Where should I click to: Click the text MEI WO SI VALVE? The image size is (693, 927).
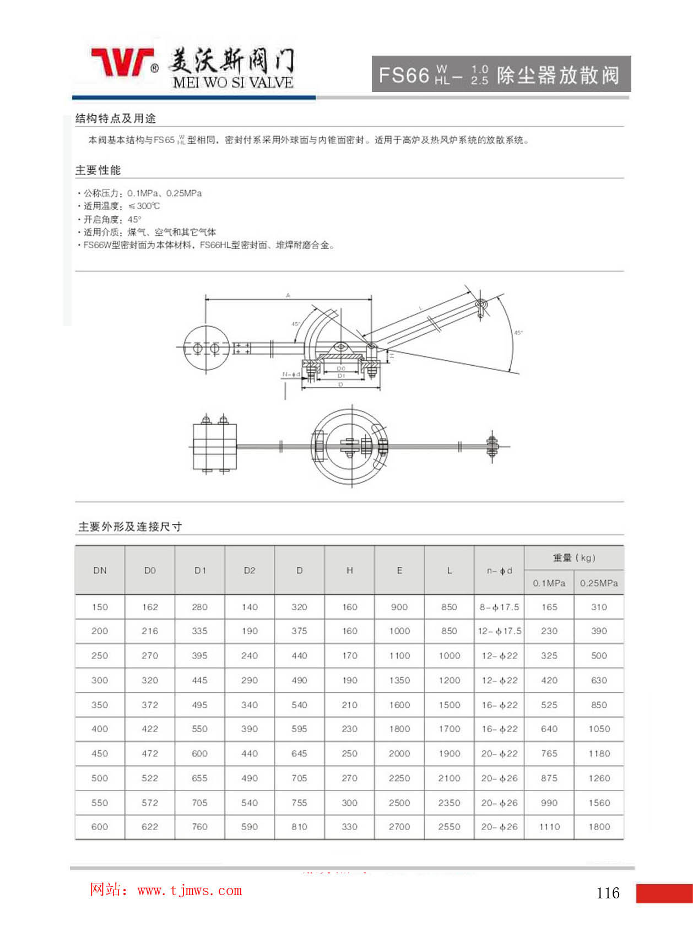pos(232,83)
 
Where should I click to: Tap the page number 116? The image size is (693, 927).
pos(608,893)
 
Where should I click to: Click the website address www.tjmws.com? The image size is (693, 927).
pos(190,890)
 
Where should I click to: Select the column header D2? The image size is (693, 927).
pos(250,571)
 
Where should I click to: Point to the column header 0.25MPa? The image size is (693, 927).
pos(599,583)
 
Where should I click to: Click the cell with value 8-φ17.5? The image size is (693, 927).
pos(499,607)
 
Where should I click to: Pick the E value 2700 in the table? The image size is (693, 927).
pos(399,827)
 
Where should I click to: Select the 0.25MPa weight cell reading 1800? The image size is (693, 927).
pos(599,827)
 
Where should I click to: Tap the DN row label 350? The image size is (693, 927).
pos(100,704)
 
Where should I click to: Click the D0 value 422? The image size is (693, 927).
pos(150,729)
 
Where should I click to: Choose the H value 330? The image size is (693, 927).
pos(349,827)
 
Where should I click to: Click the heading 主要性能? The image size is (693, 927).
pos(98,170)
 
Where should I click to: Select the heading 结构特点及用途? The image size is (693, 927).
pos(116,118)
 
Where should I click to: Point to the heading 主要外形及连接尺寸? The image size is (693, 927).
pos(130,527)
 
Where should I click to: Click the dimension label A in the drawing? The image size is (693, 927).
pos(288,296)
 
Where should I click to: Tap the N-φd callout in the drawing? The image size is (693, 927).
pos(291,375)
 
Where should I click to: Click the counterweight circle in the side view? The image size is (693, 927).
pos(205,349)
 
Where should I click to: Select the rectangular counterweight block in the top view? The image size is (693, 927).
pos(214,446)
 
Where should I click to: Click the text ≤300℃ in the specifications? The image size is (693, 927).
pos(144,206)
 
